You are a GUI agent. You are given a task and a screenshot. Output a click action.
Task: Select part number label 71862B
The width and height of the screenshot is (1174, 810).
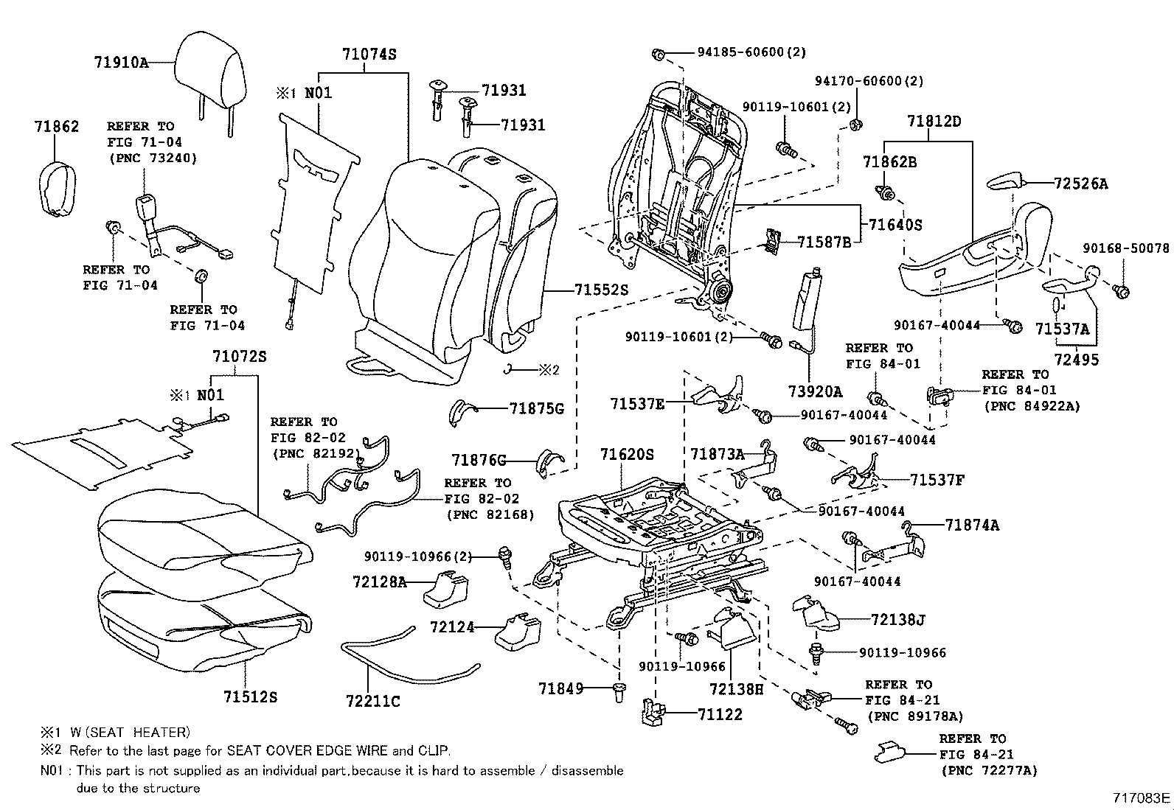[889, 162]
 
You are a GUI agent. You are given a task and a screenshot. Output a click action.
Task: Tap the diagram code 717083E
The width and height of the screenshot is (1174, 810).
[1142, 798]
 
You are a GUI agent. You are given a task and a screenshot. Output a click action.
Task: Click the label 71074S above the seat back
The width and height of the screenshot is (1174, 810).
[369, 55]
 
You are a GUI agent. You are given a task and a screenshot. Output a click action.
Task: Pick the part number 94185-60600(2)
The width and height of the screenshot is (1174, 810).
[751, 52]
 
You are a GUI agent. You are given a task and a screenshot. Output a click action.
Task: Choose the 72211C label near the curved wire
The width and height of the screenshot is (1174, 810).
[372, 701]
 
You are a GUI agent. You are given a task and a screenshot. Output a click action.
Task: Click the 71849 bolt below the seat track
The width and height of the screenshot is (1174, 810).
[618, 691]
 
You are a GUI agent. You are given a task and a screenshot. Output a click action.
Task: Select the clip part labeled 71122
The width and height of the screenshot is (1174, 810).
[652, 713]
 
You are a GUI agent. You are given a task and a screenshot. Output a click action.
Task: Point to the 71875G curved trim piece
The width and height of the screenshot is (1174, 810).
[463, 412]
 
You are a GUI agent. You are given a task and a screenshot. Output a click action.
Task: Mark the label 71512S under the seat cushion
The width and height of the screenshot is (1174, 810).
[251, 696]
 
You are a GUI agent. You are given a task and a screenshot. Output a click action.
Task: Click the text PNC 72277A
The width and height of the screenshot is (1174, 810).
[989, 770]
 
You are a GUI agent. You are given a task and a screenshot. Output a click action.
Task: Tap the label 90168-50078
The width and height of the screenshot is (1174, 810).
[1125, 248]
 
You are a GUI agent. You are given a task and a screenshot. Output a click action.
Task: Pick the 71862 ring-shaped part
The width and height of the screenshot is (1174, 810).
[57, 190]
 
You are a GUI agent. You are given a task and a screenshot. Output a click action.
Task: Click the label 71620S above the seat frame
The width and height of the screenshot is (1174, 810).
[627, 455]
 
